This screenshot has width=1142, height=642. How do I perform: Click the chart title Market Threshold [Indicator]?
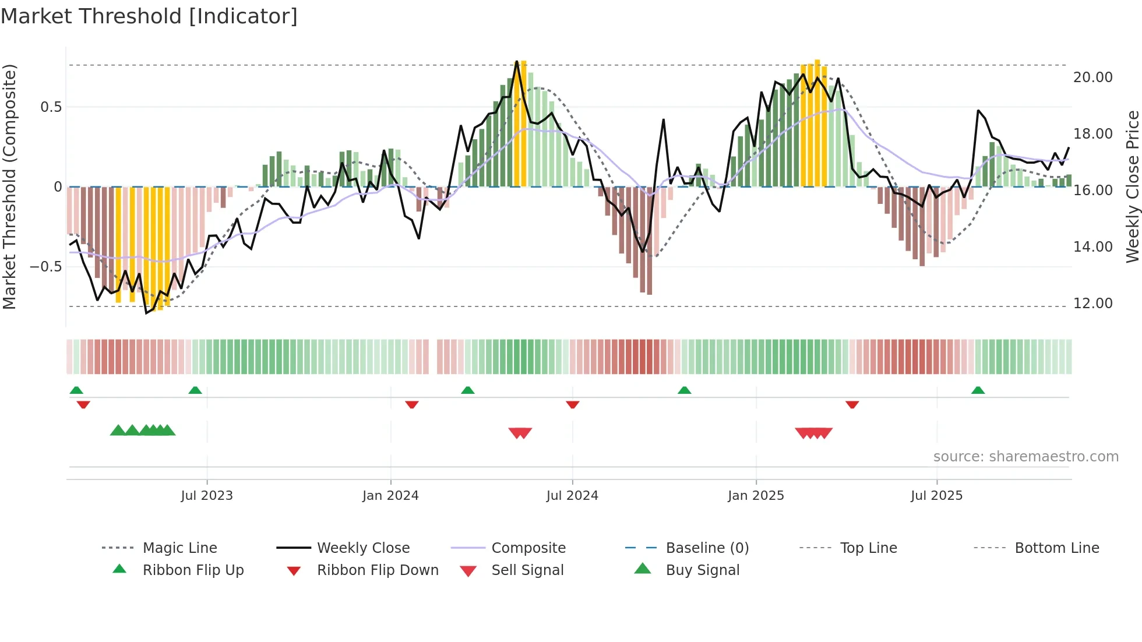149,16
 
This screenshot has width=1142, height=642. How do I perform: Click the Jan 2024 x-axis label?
390,495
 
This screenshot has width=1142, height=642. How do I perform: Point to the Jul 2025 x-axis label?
936,495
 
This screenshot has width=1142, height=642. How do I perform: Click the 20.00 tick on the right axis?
1092,77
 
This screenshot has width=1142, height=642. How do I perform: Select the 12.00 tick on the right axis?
1092,304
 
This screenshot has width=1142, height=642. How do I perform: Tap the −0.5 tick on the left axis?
45,267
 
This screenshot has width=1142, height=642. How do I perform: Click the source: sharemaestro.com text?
1025,456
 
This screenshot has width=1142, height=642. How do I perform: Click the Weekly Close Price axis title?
1132,186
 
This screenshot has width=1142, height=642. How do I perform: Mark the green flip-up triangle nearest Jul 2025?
978,390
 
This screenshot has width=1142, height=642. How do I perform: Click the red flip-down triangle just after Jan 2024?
412,404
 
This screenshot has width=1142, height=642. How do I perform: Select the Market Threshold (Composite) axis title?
9,186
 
